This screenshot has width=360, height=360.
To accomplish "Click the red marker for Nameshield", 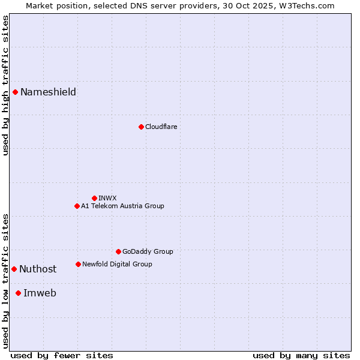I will point(15,92).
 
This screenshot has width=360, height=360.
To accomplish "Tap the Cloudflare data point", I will point(141,127).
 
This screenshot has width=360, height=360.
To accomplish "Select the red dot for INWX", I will point(94,198).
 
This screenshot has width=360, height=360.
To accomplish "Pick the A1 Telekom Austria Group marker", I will point(77,206).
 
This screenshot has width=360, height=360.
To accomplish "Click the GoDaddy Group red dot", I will point(118,251).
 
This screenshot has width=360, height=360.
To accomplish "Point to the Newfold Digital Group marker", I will point(78,264).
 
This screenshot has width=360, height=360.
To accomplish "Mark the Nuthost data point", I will point(14,269).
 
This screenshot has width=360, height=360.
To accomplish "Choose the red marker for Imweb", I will point(18,293).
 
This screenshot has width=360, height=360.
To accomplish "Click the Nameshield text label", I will point(48,92).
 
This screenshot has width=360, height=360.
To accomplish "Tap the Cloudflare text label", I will point(161,127).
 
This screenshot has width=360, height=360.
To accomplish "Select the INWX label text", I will point(107,198).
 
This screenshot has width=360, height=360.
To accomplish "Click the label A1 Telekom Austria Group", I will point(122,206).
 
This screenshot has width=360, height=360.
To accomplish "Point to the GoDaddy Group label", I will point(148,251).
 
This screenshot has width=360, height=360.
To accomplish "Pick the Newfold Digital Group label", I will point(117,264).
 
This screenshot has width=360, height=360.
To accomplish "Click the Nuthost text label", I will point(38,269).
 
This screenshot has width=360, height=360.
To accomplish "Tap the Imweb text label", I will point(40,293).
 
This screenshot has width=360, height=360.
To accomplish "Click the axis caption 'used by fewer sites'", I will point(62,355).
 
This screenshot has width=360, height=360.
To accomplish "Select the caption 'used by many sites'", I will point(301,355).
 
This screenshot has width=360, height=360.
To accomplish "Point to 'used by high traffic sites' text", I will point(5,85).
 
